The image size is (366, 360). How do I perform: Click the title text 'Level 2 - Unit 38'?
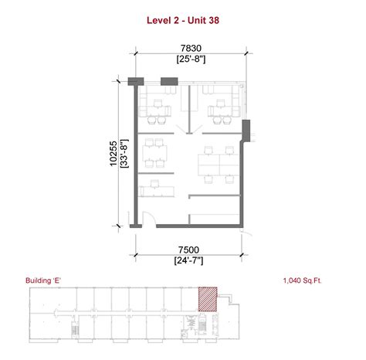click(x=183, y=22)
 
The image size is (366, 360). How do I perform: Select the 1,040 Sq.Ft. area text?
click(x=303, y=282)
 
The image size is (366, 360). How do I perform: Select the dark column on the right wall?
click(x=246, y=131)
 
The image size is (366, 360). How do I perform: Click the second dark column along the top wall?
click(x=168, y=81)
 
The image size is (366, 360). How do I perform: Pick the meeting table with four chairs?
click(x=157, y=153)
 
